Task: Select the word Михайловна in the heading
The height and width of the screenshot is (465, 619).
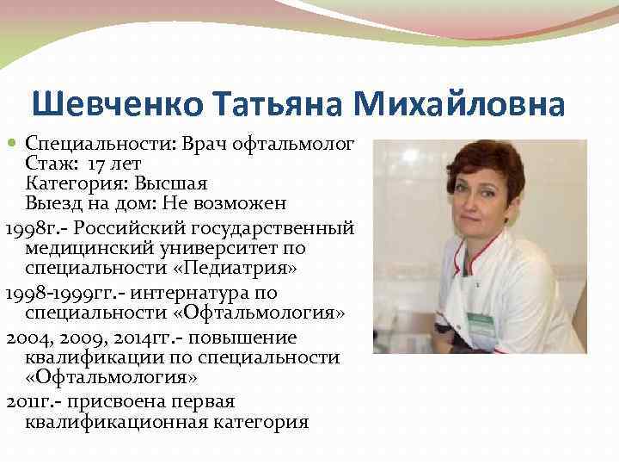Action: tap(459, 105)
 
